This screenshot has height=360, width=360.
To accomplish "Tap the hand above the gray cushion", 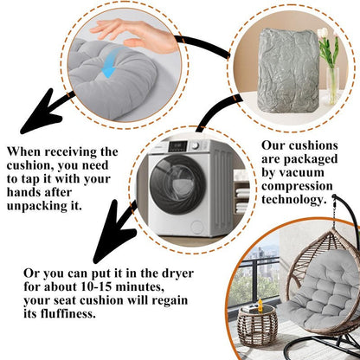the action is pos(135,35).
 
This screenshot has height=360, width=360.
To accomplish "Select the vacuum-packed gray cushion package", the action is pos(288,71).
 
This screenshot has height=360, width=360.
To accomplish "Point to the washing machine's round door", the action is pos(178,184).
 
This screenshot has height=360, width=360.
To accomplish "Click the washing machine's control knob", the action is pos(196,145).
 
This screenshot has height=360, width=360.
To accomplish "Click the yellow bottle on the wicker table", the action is pos(260,305).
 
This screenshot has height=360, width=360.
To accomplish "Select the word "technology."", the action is pos(294,199).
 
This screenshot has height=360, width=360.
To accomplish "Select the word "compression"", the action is pos(297,186).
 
